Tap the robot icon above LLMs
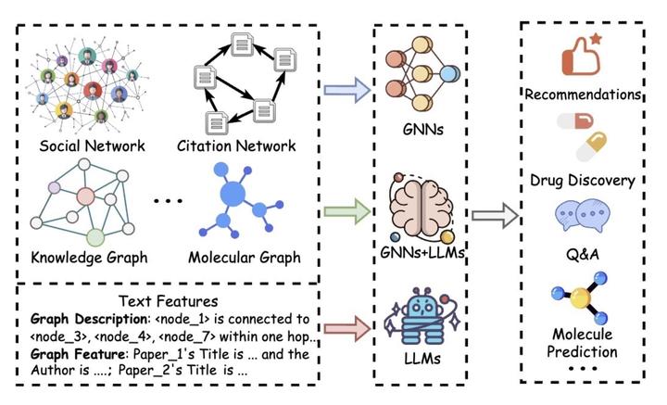pos(422,316)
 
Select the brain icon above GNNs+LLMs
pos(422,208)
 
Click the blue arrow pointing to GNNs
pos(347,90)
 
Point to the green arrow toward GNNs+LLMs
pos(347,211)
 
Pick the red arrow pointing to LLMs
pos(347,328)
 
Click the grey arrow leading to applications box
pos(495,215)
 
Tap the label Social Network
pos(92,146)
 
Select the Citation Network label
pos(236,146)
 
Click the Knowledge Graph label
pos(89,258)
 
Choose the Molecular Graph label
pos(245,258)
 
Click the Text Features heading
pos(169,301)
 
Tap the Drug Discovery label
pos(583,181)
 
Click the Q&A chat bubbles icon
pos(583,215)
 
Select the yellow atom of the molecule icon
pos(581,297)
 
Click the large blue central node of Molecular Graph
pos(233,194)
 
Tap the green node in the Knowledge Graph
pos(95,237)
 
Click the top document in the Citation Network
pos(242,44)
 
